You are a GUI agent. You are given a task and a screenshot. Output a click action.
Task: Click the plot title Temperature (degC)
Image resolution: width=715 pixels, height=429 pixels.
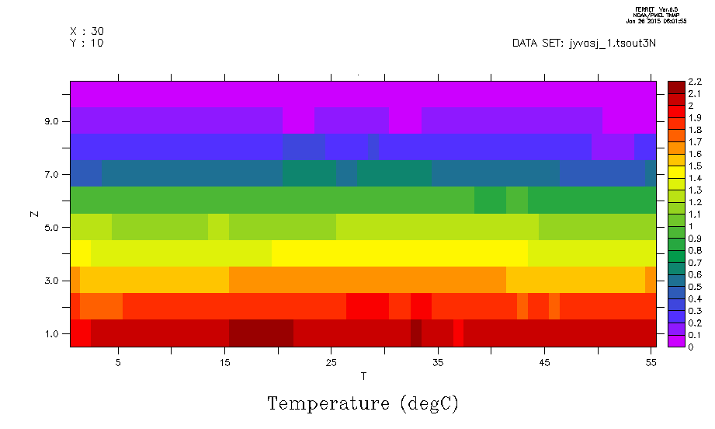click(363, 404)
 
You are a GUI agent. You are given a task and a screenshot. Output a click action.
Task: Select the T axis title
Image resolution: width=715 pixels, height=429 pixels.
click(363, 377)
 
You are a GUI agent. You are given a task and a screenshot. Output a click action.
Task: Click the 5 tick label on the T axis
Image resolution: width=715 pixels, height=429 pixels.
click(118, 363)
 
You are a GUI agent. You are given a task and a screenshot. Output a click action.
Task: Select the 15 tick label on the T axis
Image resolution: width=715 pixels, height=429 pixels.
click(224, 363)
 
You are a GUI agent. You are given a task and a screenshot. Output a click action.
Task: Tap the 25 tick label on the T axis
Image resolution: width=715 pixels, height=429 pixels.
click(331, 363)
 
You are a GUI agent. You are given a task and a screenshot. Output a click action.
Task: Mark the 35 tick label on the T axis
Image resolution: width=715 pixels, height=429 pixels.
click(438, 363)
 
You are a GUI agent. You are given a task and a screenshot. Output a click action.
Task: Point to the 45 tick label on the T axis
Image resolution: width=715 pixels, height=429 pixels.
click(544, 363)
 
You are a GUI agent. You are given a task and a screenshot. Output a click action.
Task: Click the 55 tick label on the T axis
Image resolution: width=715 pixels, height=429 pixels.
click(651, 363)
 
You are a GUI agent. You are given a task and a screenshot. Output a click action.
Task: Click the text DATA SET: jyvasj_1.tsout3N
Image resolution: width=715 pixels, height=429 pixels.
click(584, 44)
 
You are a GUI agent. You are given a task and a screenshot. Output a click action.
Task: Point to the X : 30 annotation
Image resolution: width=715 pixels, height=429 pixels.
click(87, 31)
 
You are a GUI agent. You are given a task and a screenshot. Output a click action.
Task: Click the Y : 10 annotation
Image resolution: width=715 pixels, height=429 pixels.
click(87, 44)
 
